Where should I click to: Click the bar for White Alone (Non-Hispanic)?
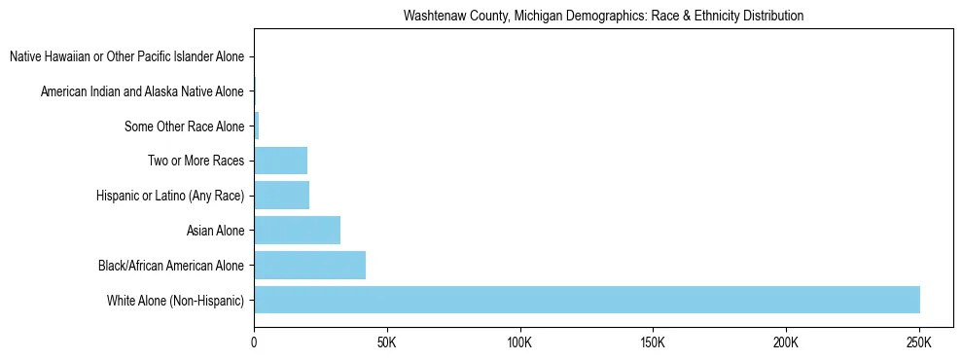pos(587,300)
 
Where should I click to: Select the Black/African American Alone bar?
pos(309,265)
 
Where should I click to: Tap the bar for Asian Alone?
pos(297,231)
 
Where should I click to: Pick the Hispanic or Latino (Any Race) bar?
pos(281,196)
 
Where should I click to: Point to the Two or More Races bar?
pos(280,161)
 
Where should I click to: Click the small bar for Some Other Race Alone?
pos(257,126)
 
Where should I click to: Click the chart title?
pos(603,16)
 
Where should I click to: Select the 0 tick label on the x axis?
pos(254,342)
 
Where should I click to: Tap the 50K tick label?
pos(387,342)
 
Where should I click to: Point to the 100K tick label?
pos(520,342)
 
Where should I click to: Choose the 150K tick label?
pos(654,342)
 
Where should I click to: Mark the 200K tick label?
pos(786,342)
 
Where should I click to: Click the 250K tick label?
pos(919,342)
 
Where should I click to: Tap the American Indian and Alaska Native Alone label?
pos(142,92)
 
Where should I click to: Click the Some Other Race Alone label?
pos(184,126)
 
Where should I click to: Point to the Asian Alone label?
pos(215,231)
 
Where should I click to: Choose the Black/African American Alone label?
pos(171,265)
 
